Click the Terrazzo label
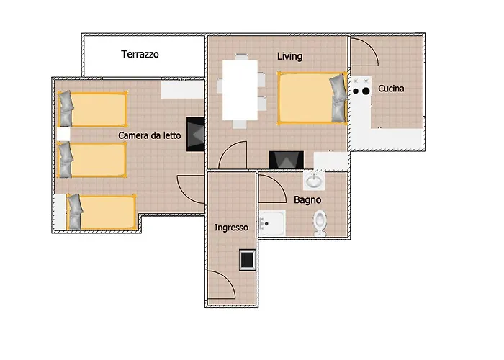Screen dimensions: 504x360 coord(140,54)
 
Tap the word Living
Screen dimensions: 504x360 coord(289,56)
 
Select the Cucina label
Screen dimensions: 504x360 coord(391,89)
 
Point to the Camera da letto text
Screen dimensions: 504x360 coord(150,135)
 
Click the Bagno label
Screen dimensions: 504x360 coord(307,200)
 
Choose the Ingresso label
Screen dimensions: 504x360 coord(231,228)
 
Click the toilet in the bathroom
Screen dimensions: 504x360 coord(320,222)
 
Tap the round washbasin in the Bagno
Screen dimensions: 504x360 coord(313,181)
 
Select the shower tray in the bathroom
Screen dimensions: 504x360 coord(272,223)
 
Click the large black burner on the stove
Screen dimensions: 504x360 coord(366,91)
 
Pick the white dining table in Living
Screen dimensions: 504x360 coord(240,90)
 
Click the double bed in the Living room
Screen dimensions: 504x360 coord(312,99)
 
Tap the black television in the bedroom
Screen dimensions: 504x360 coord(196,135)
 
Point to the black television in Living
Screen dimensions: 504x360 coord(287,160)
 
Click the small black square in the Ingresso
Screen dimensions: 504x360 coord(247,260)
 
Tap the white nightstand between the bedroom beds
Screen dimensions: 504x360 coord(63,135)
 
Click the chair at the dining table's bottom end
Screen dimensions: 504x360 coord(240,125)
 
